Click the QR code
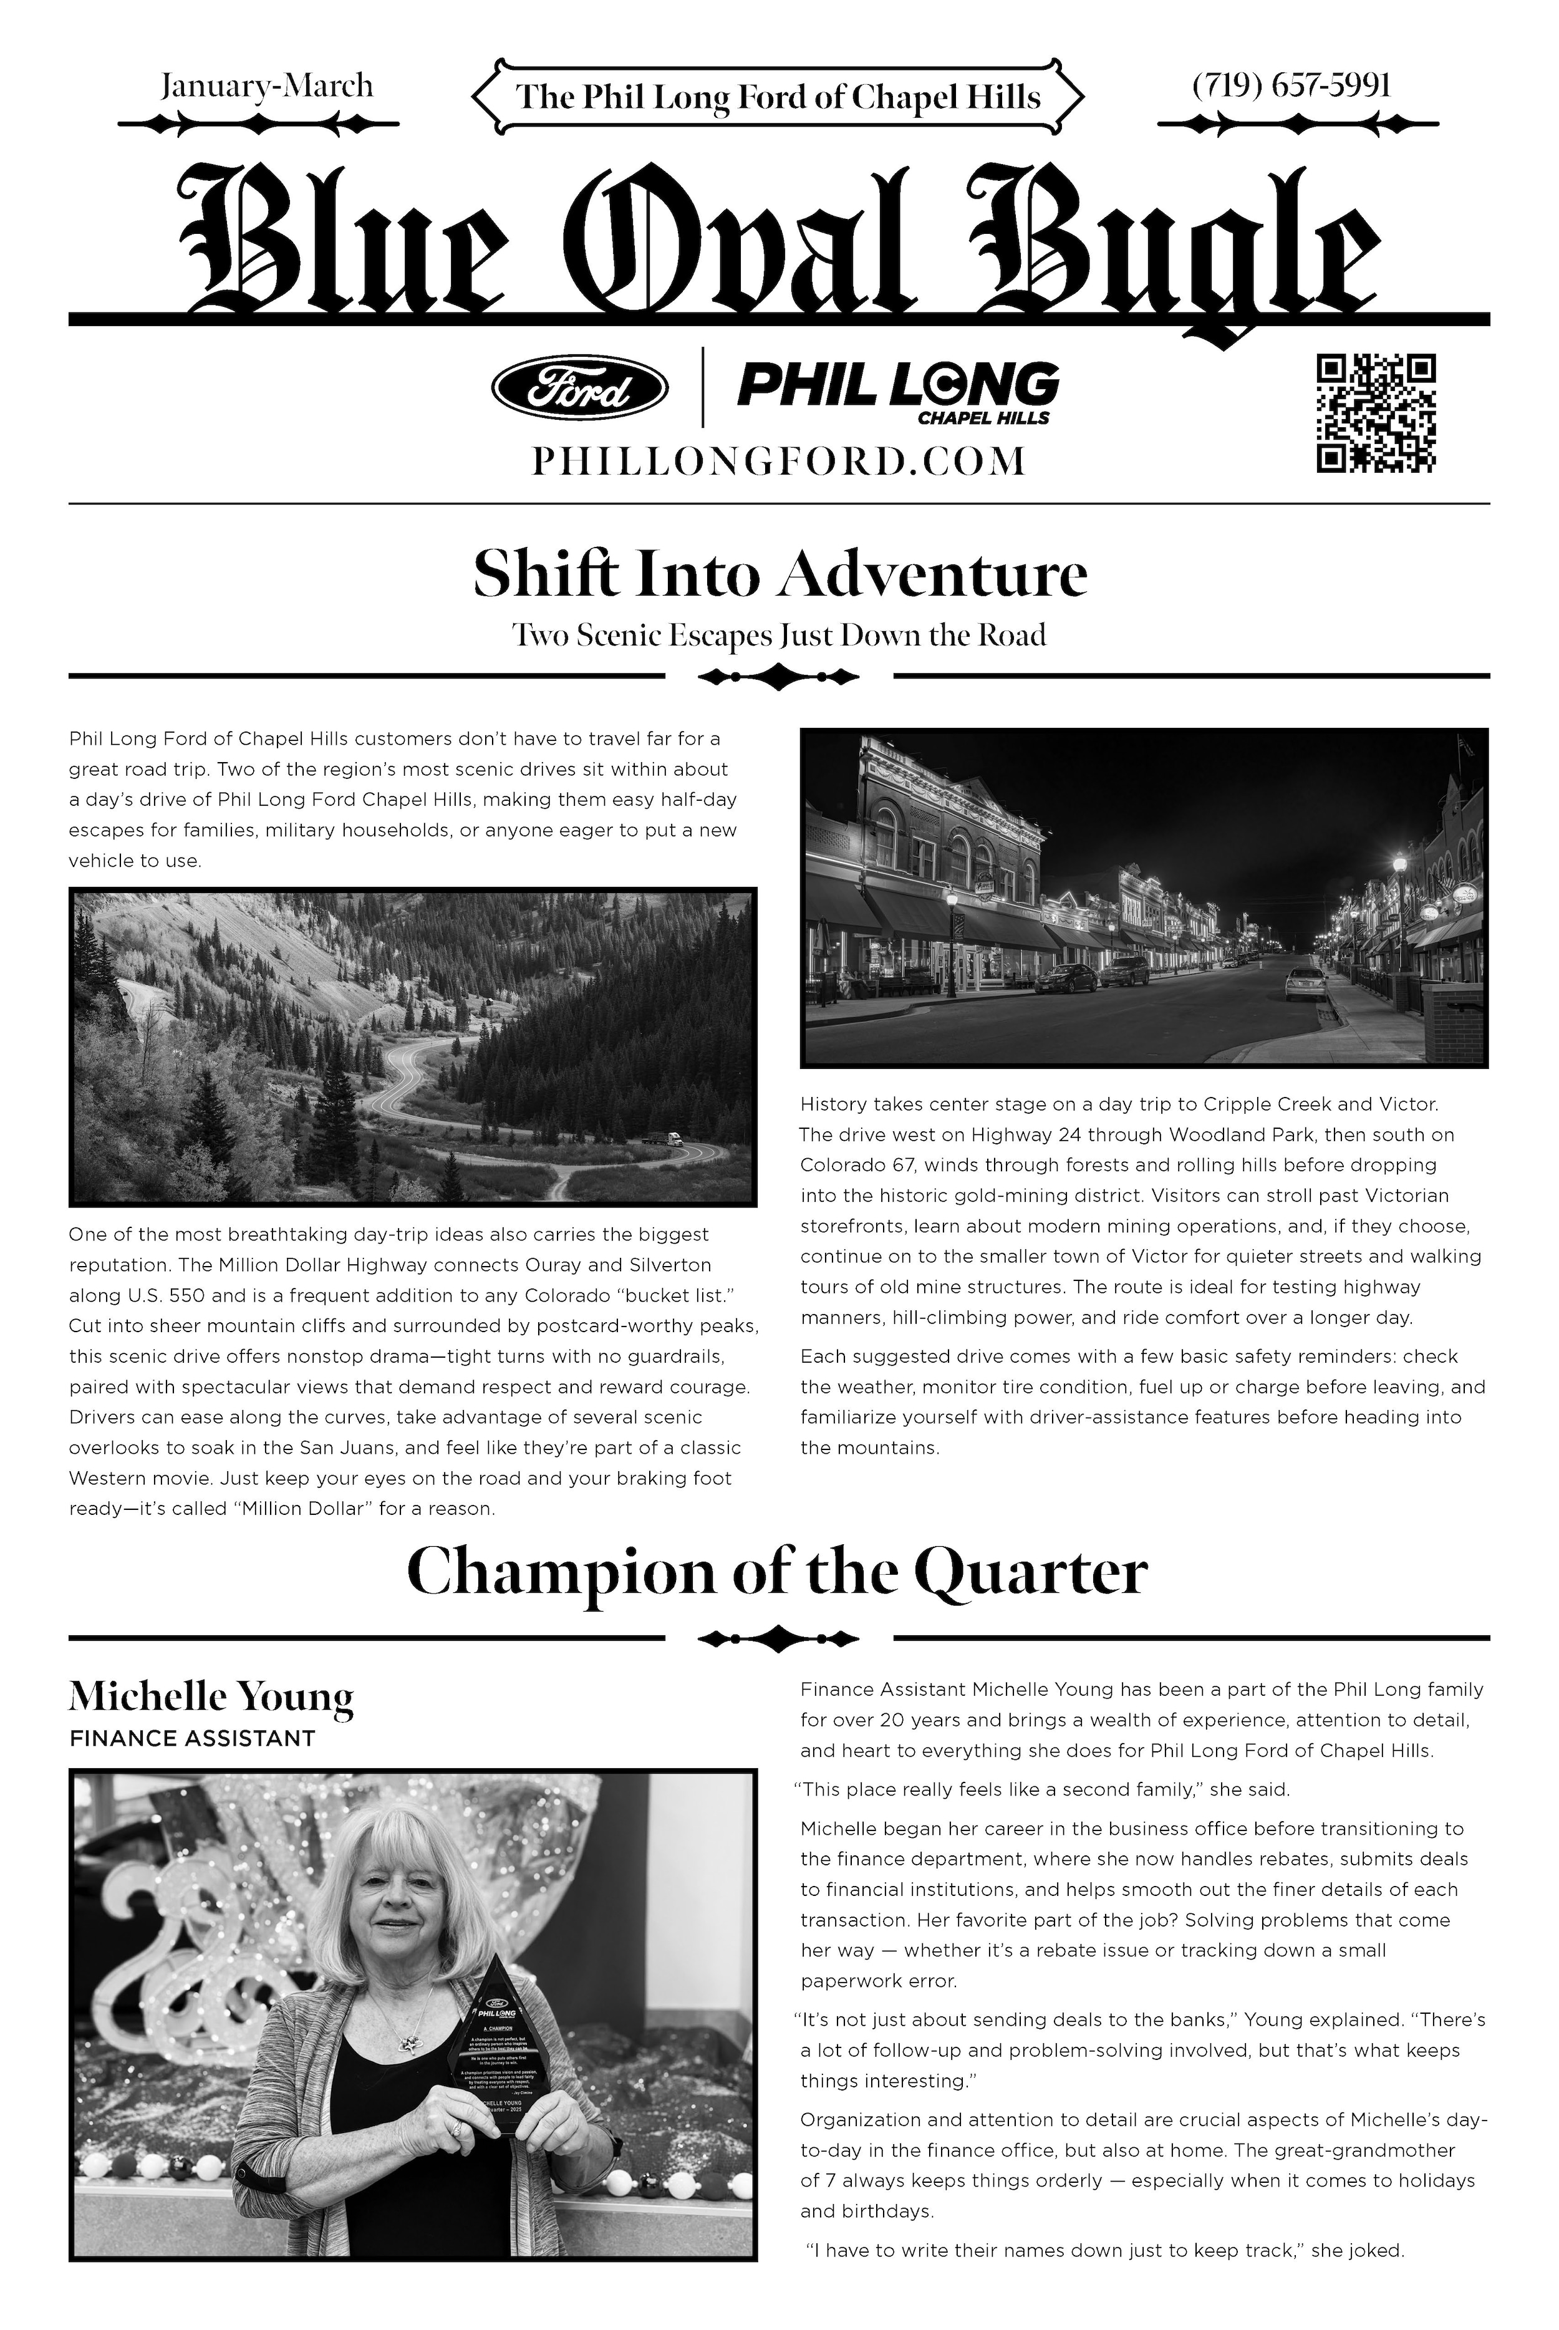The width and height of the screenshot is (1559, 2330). [x=1376, y=413]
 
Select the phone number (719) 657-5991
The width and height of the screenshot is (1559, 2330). [x=1291, y=85]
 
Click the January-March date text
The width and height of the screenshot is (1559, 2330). [x=266, y=85]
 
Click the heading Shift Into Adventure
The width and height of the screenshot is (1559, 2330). [x=779, y=575]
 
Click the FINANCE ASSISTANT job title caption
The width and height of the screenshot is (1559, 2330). [x=192, y=1738]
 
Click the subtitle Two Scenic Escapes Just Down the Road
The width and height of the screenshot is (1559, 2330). [x=778, y=634]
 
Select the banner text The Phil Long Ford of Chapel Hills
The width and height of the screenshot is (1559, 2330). [x=778, y=97]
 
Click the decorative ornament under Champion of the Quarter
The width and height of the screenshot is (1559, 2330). [x=778, y=1638]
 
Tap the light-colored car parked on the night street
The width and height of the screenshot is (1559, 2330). [x=1305, y=982]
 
